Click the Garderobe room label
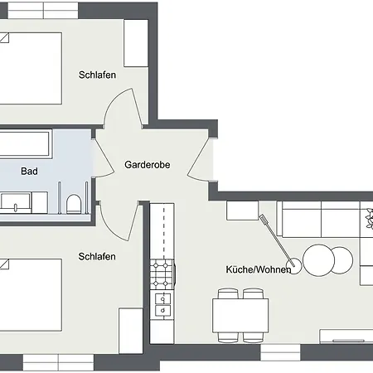[x=148, y=165]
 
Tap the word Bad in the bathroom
[x=30, y=172]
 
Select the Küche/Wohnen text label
[x=258, y=270]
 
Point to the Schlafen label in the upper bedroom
[x=97, y=75]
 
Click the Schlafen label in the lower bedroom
[x=97, y=256]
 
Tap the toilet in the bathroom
[x=74, y=203]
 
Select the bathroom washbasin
[x=16, y=201]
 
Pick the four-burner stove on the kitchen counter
[x=162, y=270]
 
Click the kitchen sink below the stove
[x=163, y=304]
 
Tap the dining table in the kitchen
[x=240, y=315]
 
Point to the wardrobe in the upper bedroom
[x=136, y=43]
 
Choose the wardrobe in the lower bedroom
[x=130, y=330]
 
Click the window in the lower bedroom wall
[x=58, y=363]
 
